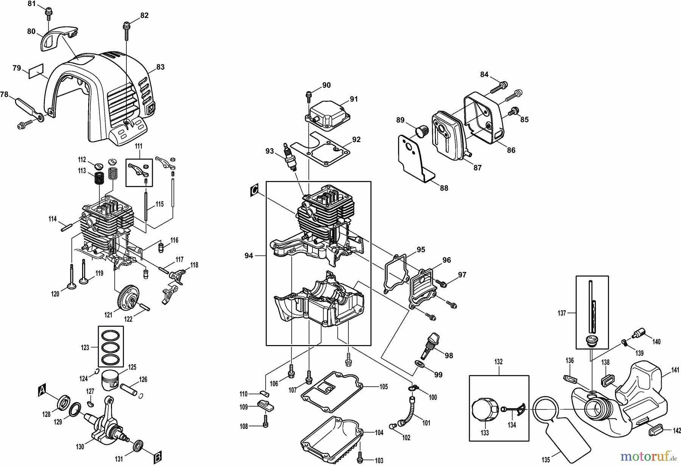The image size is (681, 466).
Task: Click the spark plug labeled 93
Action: tap(290, 157)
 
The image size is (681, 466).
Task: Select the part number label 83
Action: tap(160, 67)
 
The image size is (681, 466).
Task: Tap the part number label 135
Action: tap(546, 460)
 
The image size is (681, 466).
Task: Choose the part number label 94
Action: tap(249, 256)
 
